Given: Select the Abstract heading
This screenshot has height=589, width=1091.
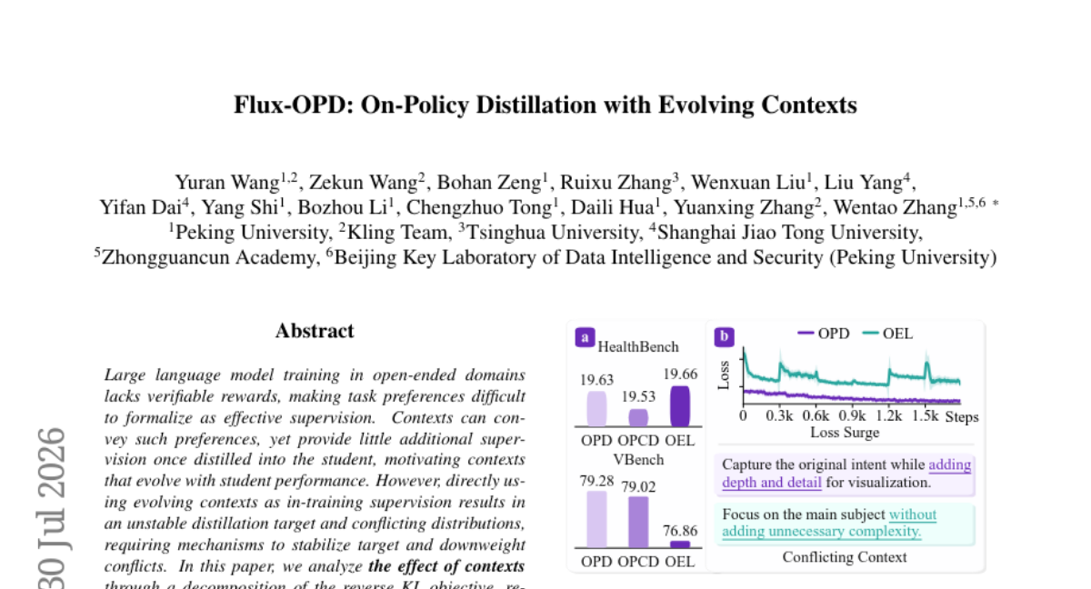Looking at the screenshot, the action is click(x=315, y=331).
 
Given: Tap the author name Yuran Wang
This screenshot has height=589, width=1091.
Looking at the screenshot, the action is click(x=227, y=183).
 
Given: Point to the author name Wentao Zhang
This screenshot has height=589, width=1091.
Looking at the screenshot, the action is click(x=896, y=208).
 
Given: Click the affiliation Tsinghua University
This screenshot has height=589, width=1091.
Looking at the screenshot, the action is click(x=553, y=233).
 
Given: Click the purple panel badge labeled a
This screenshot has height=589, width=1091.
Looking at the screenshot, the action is click(x=585, y=337).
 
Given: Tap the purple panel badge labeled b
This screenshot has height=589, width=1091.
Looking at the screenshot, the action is click(x=725, y=337).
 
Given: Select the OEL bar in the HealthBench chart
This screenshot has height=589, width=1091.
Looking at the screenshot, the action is click(x=680, y=406).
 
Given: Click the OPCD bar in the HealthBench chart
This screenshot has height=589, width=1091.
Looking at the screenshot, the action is click(x=638, y=417).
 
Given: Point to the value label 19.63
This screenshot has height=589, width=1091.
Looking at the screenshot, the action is click(x=596, y=380).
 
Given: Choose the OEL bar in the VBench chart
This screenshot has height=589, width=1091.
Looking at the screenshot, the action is click(x=680, y=544).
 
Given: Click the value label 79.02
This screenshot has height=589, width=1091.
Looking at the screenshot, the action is click(x=638, y=487).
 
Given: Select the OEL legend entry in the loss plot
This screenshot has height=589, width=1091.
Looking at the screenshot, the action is click(x=887, y=334).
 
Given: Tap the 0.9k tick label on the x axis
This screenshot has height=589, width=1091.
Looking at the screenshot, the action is click(x=853, y=416).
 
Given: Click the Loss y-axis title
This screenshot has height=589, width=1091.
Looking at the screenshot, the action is click(x=724, y=375).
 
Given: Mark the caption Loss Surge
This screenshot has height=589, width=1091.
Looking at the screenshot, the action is click(x=845, y=433).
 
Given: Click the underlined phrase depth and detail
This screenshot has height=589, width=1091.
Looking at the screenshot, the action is click(x=772, y=483).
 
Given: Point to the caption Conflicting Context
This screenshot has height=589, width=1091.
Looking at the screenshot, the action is click(x=845, y=557).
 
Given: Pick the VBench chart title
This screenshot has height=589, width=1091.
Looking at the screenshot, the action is click(x=638, y=460).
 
